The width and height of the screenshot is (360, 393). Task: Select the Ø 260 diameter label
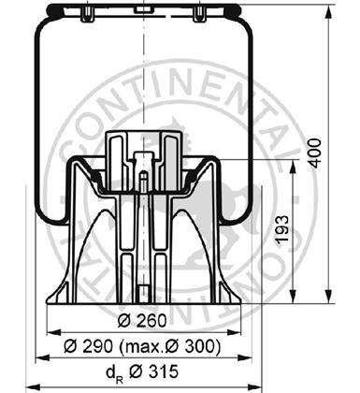coord(142,320)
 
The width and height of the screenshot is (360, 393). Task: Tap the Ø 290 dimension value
coord(88,346)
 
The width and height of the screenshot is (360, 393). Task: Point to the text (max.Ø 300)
coord(170,346)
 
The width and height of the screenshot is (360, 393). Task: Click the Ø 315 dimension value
coord(153,371)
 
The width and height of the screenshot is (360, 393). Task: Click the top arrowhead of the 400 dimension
coord(328,14)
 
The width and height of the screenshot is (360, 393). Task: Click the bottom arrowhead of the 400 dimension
coord(328,295)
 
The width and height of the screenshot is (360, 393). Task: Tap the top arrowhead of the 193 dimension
coord(293,168)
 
